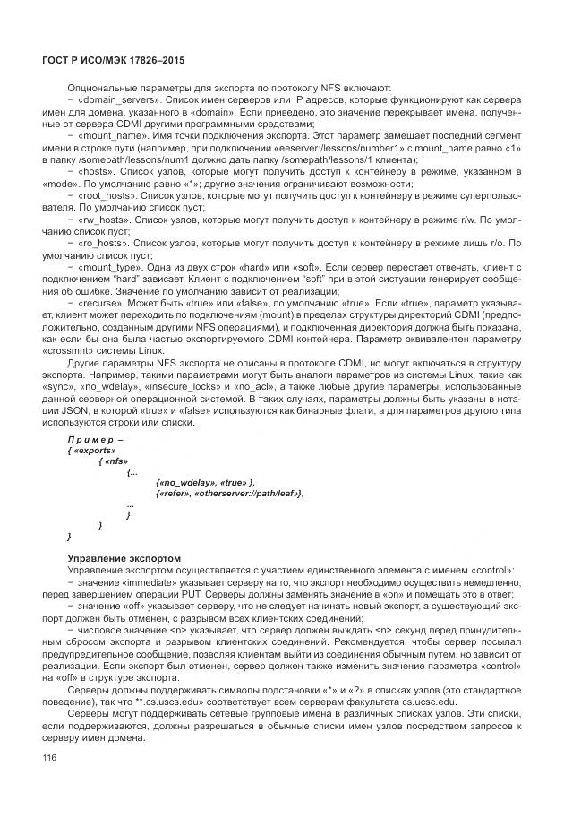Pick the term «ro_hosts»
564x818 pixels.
point(107,242)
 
